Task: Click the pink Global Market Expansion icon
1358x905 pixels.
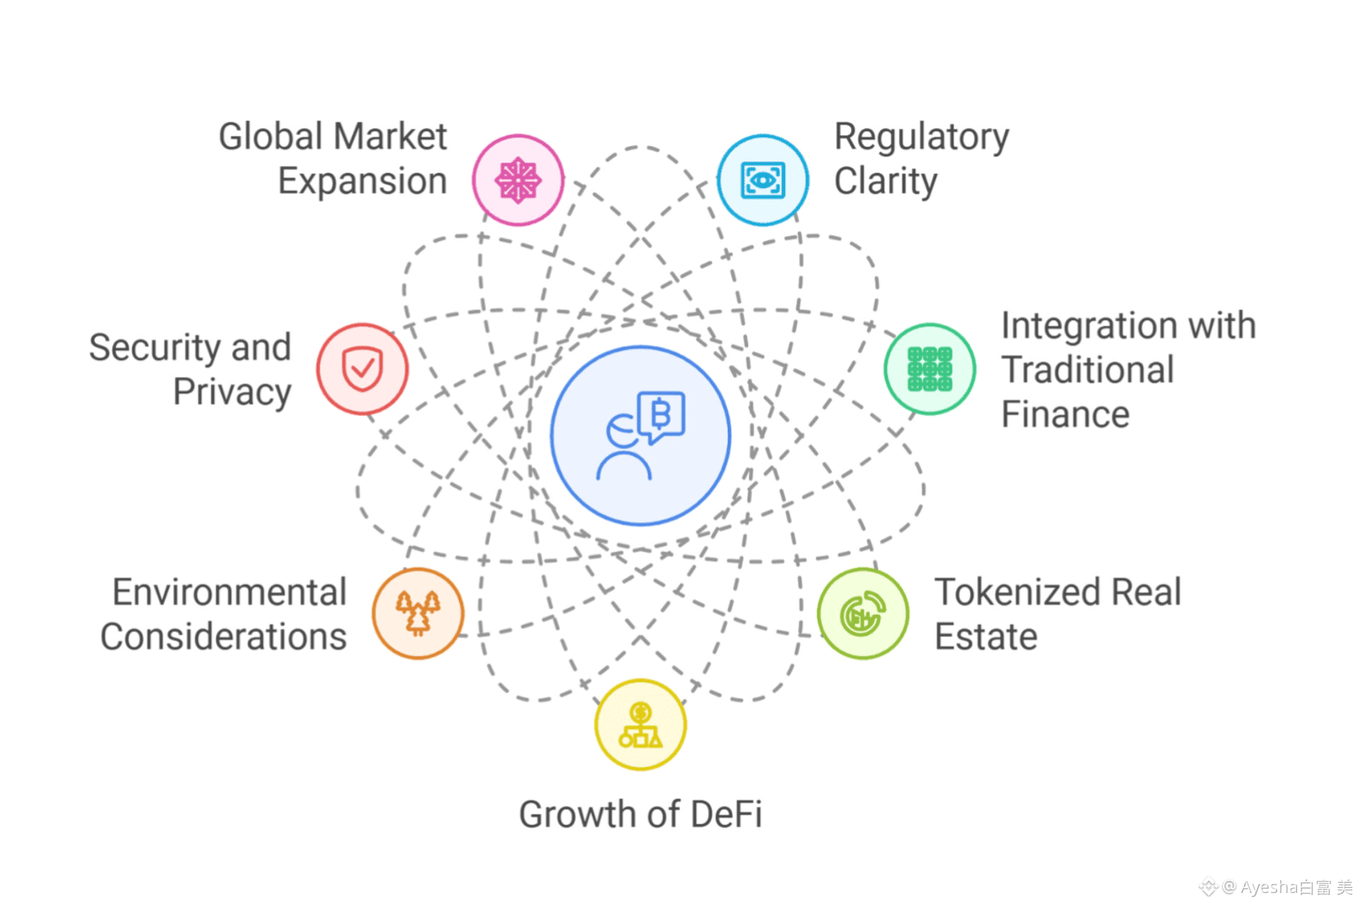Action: [x=518, y=180]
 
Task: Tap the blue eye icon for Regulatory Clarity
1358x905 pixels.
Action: [x=762, y=180]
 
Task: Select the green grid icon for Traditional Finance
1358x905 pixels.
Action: [x=929, y=369]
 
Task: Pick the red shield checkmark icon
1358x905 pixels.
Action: [x=362, y=369]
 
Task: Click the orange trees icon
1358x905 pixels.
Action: [x=418, y=614]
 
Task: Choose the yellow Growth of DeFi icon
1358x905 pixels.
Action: [x=640, y=725]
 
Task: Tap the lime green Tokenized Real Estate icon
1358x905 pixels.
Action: [x=863, y=614]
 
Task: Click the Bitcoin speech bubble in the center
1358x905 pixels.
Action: [x=661, y=415]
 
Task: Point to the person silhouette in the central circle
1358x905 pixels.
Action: [x=623, y=452]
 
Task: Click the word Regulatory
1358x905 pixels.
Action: [x=922, y=137]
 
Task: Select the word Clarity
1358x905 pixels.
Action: [x=886, y=182]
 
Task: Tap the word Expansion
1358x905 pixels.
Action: [x=362, y=182]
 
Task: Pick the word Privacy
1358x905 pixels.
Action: [x=232, y=392]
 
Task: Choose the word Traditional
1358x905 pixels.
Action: [x=1088, y=370]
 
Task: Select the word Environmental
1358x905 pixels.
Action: [x=229, y=592]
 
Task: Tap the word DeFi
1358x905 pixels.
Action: [x=726, y=814]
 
